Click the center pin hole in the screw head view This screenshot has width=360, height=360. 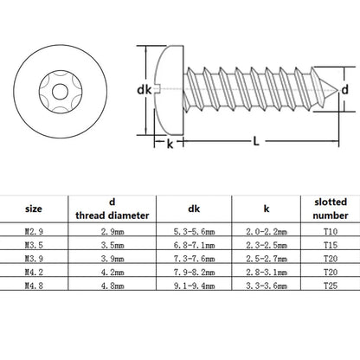pos(61,92)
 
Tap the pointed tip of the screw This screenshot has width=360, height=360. pos(337,90)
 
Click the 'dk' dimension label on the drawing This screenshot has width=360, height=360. pos(144,90)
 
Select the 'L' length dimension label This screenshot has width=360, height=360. pos(256,141)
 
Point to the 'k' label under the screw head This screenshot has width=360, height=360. pos(170,144)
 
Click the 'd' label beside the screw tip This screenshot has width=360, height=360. pos(344,90)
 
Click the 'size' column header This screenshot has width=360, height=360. pos(34,209)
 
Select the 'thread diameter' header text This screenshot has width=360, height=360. pos(112,215)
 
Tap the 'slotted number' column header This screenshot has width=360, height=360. pos(331,209)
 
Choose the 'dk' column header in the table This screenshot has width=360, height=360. pos(194,209)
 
